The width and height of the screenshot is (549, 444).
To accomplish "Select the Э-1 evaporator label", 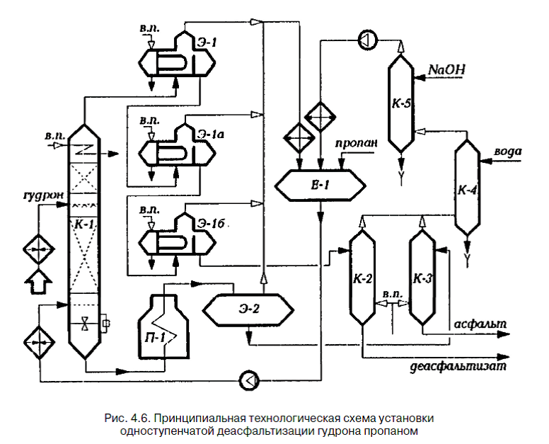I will coord(207,42).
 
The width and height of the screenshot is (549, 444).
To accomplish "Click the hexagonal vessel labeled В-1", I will coord(320,186).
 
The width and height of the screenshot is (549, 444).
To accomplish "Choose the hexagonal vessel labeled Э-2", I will coord(247,309).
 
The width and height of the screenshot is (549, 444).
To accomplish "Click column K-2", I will coord(362,278).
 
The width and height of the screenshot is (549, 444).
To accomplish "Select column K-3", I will coord(422,278).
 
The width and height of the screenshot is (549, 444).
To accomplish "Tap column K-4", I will coord(466,189).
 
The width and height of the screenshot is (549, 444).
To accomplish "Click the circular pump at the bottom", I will coord(249,380).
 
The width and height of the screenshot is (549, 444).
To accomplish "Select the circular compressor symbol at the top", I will coord(366,40).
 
